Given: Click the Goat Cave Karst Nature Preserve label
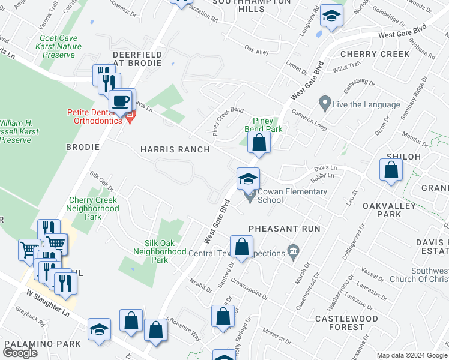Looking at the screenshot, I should point(59,46).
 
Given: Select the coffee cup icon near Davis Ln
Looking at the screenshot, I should point(121,100).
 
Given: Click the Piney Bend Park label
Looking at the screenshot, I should point(263,124).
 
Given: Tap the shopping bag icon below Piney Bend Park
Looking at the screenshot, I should point(259,143).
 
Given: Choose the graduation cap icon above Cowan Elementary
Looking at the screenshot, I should point(248,178).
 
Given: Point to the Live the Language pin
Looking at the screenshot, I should point(325,104).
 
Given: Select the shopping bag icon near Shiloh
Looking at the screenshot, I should point(391,169).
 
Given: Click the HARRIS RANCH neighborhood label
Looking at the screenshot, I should point(175,149).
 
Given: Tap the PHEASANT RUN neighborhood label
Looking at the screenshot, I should point(284,229).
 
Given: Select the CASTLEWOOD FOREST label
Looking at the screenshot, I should point(346,323).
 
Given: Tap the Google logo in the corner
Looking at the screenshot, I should point(20,352).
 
